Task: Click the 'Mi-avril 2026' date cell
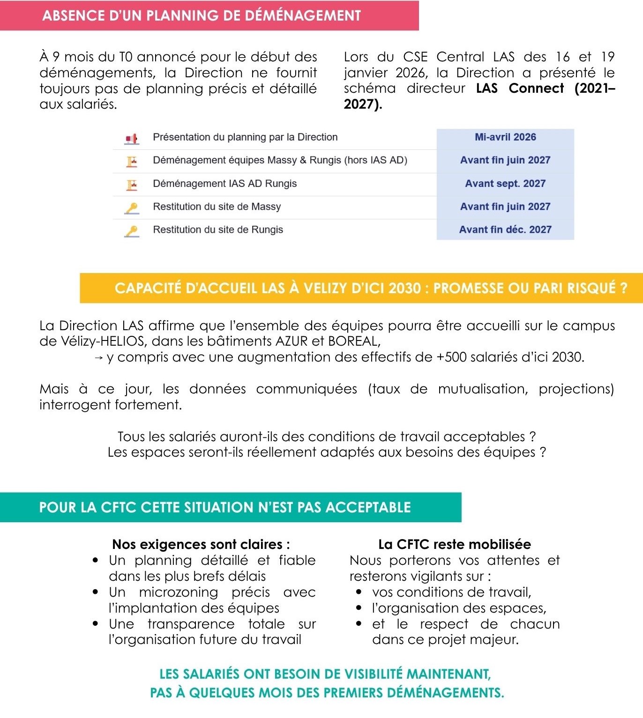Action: click(x=505, y=137)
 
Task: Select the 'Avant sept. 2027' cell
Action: click(x=505, y=184)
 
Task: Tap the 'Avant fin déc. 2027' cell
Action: click(x=505, y=229)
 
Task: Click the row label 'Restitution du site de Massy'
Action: click(x=217, y=207)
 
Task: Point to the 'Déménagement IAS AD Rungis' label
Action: click(x=224, y=184)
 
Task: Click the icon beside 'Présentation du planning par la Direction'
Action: click(x=132, y=138)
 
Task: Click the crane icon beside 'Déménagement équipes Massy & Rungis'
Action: click(x=132, y=161)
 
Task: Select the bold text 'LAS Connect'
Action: click(x=520, y=89)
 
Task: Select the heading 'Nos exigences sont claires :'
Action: click(x=201, y=544)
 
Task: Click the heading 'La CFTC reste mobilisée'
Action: click(x=455, y=544)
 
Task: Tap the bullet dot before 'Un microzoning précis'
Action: click(x=96, y=592)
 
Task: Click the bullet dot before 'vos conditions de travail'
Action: click(x=359, y=592)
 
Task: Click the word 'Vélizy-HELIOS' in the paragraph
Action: click(x=103, y=341)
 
